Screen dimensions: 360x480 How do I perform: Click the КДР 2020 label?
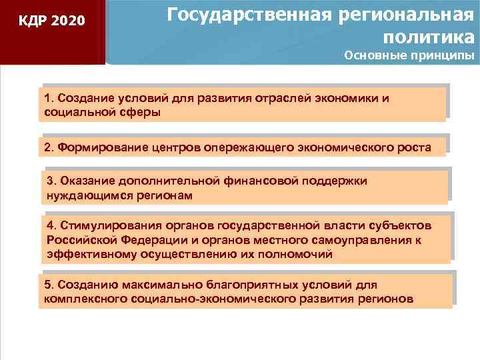tap(52, 21)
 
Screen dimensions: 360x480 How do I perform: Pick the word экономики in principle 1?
tap(345, 99)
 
